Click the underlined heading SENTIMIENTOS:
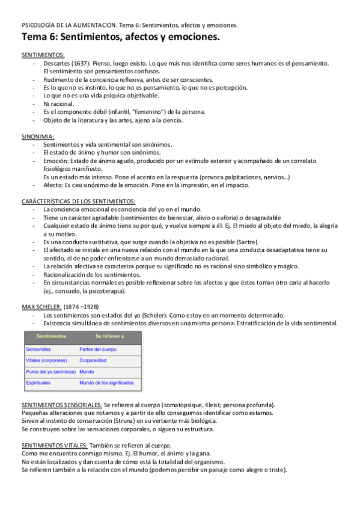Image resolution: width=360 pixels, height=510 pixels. pyautogui.click(x=41, y=55)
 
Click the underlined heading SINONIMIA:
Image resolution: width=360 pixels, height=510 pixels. pyautogui.click(x=38, y=137)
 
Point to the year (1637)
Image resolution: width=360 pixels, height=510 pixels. pyautogui.click(x=85, y=63)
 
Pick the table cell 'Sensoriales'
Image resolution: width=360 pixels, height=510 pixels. pyautogui.click(x=38, y=349)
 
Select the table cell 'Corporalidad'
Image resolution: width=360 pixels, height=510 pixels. pyautogui.click(x=93, y=360)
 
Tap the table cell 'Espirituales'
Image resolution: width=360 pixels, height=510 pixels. pyautogui.click(x=38, y=383)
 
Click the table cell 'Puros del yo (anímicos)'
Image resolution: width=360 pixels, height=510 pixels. pyautogui.click(x=47, y=372)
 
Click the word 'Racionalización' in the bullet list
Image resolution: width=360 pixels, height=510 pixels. pyautogui.click(x=67, y=274)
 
